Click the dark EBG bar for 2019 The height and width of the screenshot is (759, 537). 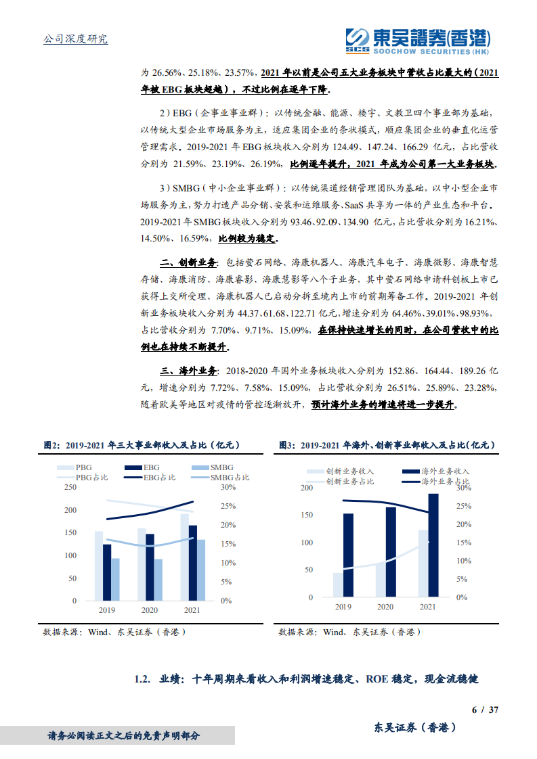pyautogui.click(x=107, y=572)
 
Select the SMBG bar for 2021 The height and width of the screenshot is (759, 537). pyautogui.click(x=201, y=570)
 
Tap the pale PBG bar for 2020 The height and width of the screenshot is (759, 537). pyautogui.click(x=142, y=564)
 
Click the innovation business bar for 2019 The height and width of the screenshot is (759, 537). pyautogui.click(x=338, y=585)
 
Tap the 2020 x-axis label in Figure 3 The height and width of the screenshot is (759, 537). pyautogui.click(x=385, y=607)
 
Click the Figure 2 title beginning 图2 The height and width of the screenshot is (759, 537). pyautogui.click(x=141, y=445)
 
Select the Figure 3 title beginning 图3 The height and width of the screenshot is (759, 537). pyautogui.click(x=387, y=445)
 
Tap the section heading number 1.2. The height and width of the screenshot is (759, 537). pyautogui.click(x=142, y=679)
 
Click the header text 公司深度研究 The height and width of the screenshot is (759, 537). pyautogui.click(x=75, y=39)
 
